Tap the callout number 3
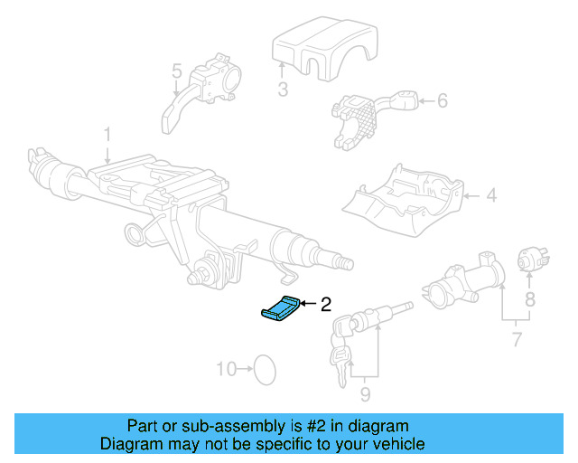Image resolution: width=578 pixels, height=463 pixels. [283, 89]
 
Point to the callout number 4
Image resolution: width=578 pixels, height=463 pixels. [490, 194]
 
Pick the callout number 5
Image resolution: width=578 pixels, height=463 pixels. [176, 71]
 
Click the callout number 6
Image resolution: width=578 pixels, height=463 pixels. [442, 101]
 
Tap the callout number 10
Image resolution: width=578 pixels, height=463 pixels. [226, 369]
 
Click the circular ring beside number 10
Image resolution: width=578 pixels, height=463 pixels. [264, 368]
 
